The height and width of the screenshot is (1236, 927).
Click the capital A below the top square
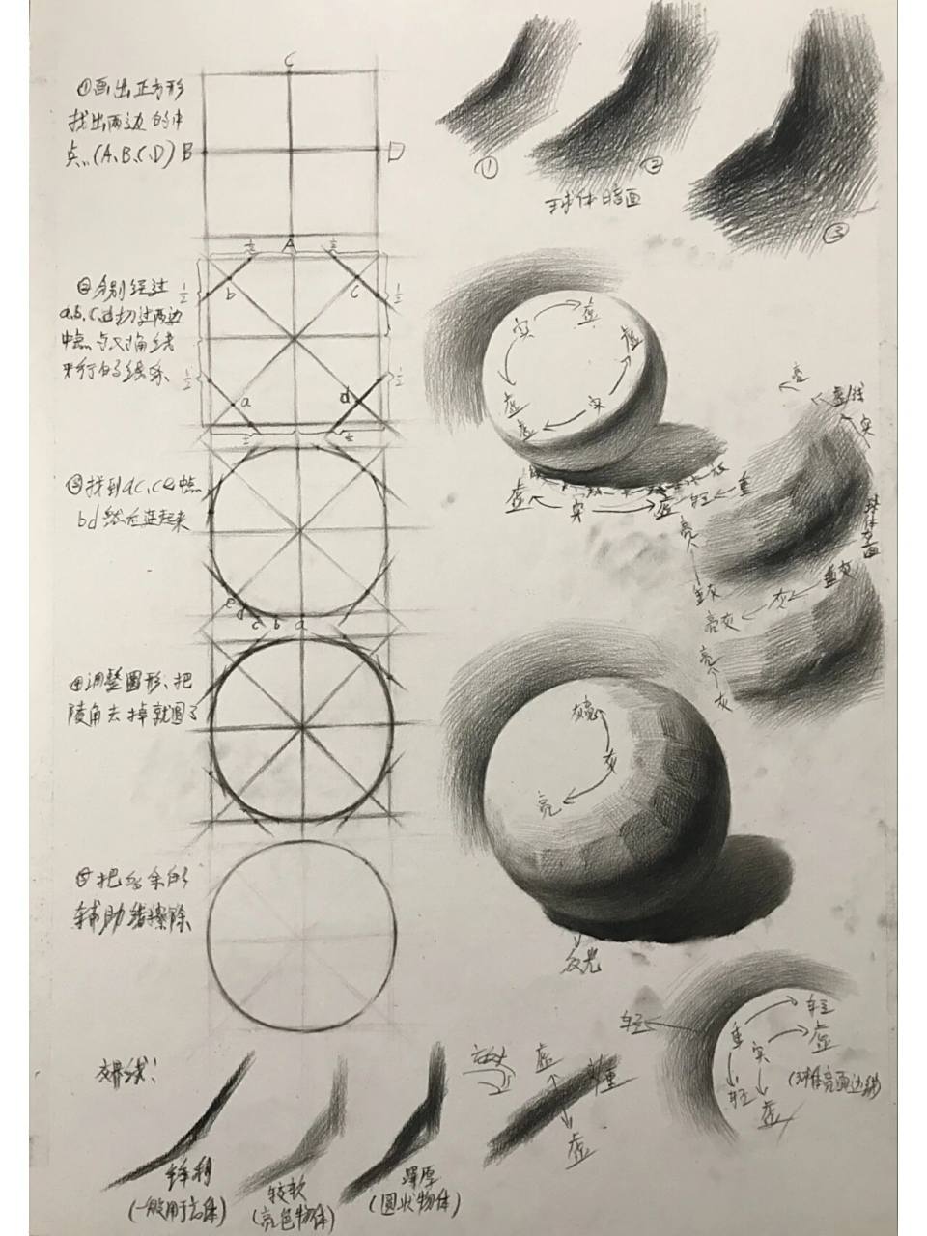289,247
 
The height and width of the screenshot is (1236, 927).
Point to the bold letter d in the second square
345,396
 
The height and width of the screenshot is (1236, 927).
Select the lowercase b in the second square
230,294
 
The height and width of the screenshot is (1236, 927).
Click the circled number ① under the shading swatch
490,169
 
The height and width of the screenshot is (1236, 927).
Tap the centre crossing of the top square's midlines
290,151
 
